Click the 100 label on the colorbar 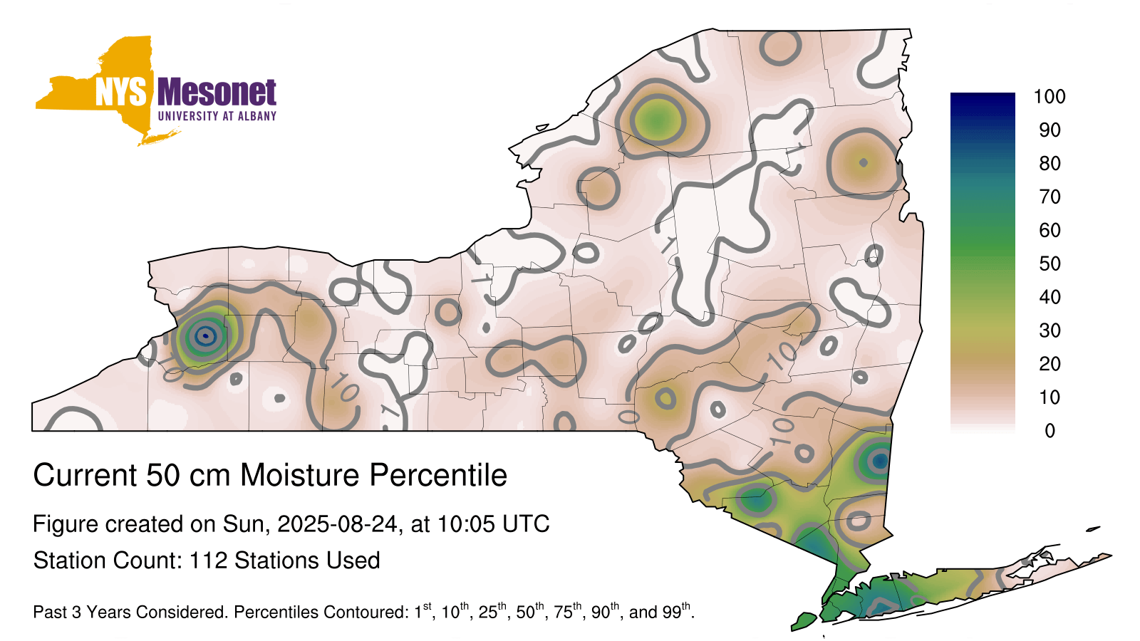[1050, 97]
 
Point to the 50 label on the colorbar [1050, 264]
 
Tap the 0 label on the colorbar [1050, 431]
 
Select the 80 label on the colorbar [1050, 163]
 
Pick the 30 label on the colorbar [1050, 330]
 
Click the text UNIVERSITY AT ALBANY [217, 116]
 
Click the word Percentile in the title [438, 475]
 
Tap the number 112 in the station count [208, 561]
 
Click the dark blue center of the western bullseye [205, 335]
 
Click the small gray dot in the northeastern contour [863, 163]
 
